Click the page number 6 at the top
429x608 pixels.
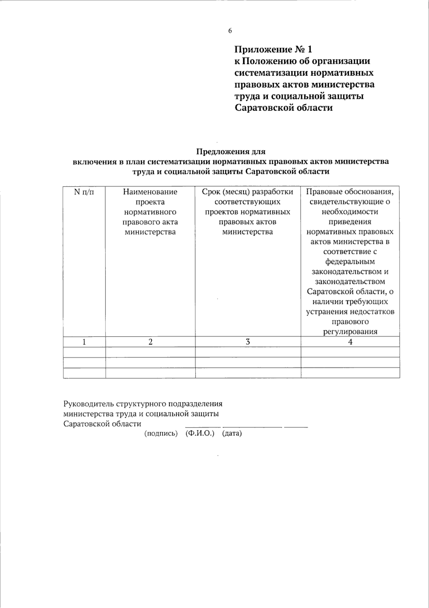tap(230, 31)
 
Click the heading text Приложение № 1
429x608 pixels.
tap(273, 49)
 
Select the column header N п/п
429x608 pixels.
tap(84, 192)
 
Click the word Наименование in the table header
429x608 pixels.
tap(150, 192)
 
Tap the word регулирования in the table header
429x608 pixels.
tap(350, 332)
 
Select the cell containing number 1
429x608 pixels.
tap(84, 342)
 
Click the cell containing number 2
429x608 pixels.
tap(151, 342)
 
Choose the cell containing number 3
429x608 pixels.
tap(248, 342)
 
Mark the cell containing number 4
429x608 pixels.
tap(350, 342)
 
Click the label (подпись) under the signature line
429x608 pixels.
tap(161, 434)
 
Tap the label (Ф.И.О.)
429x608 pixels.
tap(200, 434)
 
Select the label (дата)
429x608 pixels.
tap(232, 434)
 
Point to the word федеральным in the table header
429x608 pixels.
tap(350, 262)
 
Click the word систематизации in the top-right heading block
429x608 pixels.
tap(271, 73)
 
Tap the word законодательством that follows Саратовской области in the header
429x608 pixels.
tap(350, 282)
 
